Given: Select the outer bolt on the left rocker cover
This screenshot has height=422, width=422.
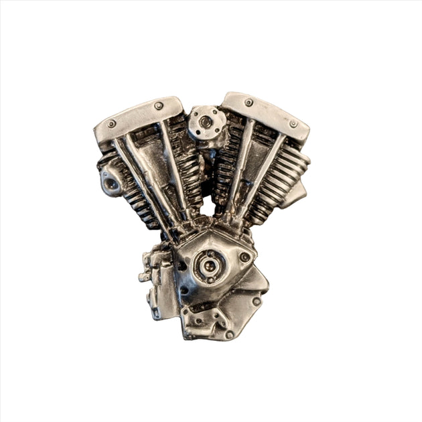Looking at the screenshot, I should tap(111, 123).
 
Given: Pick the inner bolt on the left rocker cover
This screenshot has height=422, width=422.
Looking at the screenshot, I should tap(159, 106).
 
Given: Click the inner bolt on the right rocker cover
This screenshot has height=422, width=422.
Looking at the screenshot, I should tap(249, 102).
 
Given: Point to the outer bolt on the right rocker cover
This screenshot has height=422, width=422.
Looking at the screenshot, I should tap(293, 123).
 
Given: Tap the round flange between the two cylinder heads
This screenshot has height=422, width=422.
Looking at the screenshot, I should tap(202, 123).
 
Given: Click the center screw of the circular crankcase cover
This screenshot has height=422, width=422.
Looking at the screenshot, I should tap(208, 266).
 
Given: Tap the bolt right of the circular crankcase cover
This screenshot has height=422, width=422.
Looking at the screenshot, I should tap(245, 257).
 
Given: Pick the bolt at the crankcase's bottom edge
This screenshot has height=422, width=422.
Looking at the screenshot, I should tap(229, 333).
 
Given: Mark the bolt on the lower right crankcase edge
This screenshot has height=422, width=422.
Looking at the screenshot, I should tap(256, 301).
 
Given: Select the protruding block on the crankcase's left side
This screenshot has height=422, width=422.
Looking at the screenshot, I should tap(149, 275).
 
